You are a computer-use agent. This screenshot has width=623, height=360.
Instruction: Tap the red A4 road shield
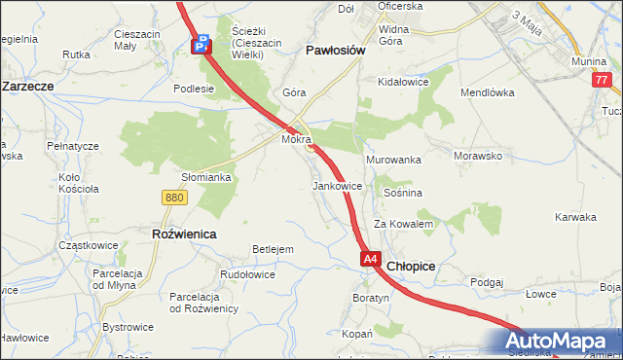[371, 260]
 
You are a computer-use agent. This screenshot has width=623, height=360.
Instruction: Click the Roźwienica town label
[184, 234]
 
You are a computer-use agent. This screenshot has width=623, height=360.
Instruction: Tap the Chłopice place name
[411, 266]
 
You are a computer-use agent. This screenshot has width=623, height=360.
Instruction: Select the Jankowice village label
[338, 185]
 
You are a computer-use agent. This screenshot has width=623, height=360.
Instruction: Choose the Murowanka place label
[392, 159]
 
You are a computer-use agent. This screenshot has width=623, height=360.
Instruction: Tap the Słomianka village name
[206, 177]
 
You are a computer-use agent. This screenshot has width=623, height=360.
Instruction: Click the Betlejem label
[273, 249]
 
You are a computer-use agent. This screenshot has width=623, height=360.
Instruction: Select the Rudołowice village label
[247, 274]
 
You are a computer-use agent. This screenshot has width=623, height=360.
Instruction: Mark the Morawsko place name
[477, 155]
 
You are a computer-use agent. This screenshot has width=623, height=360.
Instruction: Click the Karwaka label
[574, 217]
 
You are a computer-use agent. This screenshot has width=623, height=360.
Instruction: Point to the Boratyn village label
[371, 297]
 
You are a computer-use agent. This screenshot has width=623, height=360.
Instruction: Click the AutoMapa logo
[559, 342]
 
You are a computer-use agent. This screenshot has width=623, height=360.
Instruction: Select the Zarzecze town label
[27, 86]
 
